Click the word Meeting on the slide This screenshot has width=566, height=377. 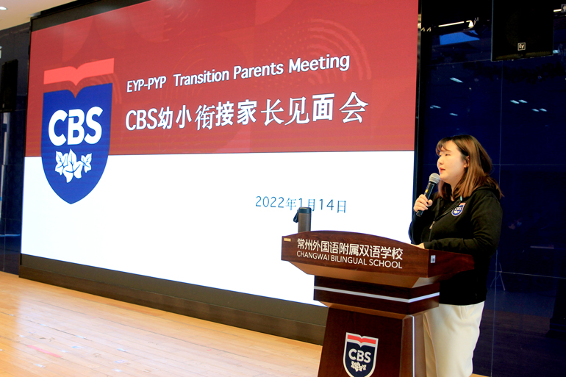coord(319,65)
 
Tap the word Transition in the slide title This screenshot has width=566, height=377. coord(201,76)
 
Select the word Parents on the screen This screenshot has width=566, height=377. coord(259,71)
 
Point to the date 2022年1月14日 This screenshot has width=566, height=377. coord(301,204)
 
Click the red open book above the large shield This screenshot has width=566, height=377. coord(79,72)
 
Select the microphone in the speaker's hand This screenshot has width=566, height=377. coord(428,194)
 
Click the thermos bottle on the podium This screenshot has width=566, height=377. coord(303,219)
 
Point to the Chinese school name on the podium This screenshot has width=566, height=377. coord(349,248)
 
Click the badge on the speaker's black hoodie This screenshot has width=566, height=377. coord(458,209)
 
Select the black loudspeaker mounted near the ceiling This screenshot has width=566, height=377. coord(522,30)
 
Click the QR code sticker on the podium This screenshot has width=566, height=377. coord(433,259)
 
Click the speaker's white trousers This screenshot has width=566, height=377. coord(452,339)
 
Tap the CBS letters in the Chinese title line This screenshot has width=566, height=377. coord(141,120)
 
